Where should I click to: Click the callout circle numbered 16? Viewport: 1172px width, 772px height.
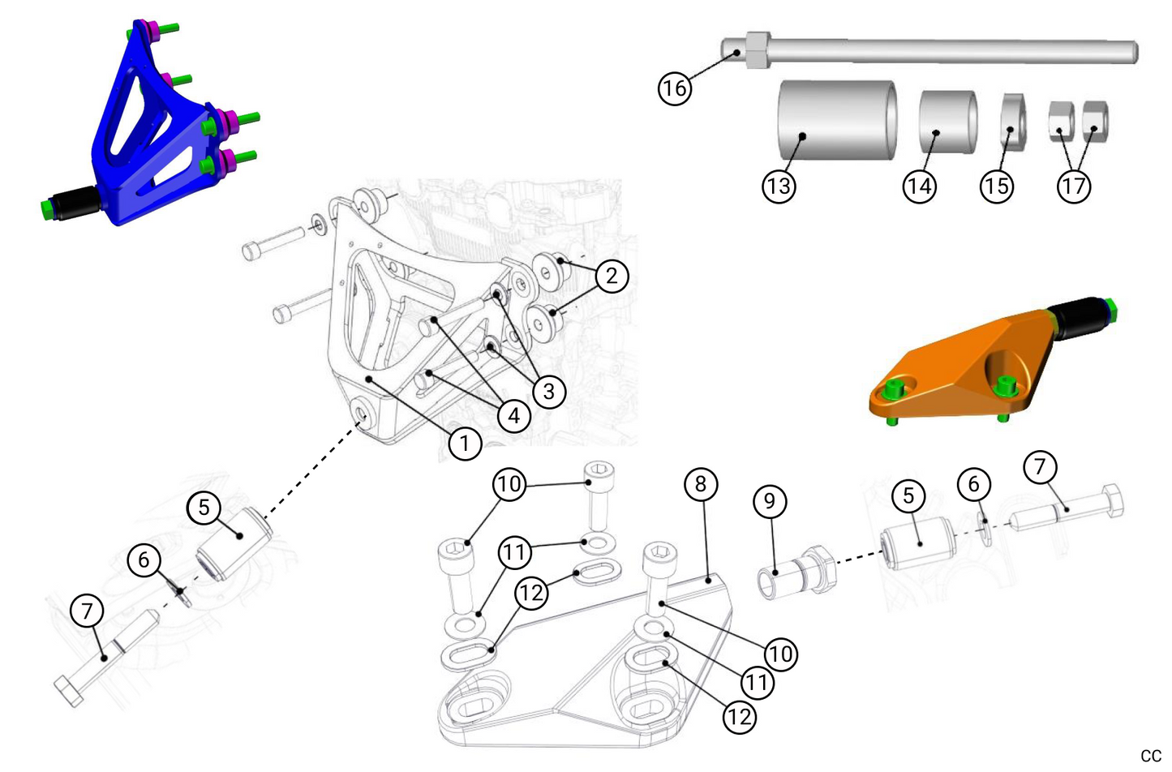tap(675, 87)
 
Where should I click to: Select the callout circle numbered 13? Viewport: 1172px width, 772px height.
tap(779, 187)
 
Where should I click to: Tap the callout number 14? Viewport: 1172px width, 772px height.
tap(920, 187)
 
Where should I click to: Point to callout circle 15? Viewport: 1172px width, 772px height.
tap(997, 187)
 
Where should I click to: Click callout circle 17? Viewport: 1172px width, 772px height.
tap(1074, 187)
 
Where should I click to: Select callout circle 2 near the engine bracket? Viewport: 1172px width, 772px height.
tap(612, 276)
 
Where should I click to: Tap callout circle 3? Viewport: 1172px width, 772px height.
tap(549, 392)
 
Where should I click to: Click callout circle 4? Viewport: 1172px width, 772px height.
tap(514, 417)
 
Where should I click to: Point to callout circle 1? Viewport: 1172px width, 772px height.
tap(465, 444)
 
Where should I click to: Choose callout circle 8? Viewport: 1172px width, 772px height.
tap(701, 484)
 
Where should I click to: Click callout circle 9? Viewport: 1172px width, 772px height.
tap(770, 501)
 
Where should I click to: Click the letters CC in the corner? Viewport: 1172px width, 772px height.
tap(1150, 756)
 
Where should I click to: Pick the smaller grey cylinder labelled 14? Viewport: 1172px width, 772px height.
tap(947, 122)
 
